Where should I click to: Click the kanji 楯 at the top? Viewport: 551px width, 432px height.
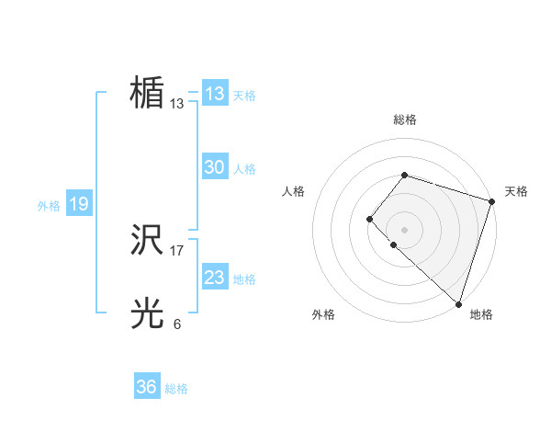147,93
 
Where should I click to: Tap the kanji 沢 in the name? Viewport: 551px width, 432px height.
147,241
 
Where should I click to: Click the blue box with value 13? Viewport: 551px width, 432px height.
215,94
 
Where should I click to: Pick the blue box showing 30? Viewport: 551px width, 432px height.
215,167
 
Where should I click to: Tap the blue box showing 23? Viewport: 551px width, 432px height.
215,278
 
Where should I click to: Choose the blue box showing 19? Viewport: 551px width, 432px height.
79,204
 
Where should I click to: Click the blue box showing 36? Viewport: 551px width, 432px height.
147,387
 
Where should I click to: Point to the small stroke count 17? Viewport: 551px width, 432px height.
177,250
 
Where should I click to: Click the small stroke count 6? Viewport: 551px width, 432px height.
177,324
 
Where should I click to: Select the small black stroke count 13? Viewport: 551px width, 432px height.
177,104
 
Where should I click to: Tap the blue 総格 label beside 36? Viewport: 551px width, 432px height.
176,389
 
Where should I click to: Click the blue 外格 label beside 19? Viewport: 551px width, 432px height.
49,206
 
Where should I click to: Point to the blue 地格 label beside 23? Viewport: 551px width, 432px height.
244,279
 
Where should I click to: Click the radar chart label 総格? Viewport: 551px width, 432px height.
405,119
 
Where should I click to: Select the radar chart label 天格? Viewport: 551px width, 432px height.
516,191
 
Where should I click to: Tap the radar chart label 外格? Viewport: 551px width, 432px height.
323,314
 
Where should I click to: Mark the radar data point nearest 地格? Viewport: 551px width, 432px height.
458,303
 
